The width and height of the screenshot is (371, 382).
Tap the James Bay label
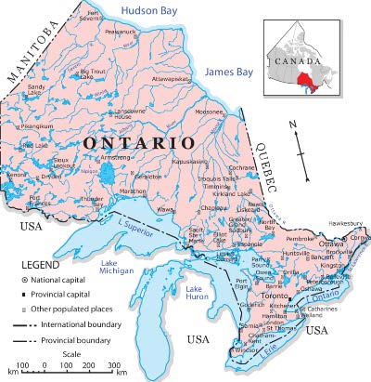point(224,72)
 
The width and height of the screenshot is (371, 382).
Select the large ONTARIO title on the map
point(138,144)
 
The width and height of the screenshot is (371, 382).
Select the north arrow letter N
point(292,124)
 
